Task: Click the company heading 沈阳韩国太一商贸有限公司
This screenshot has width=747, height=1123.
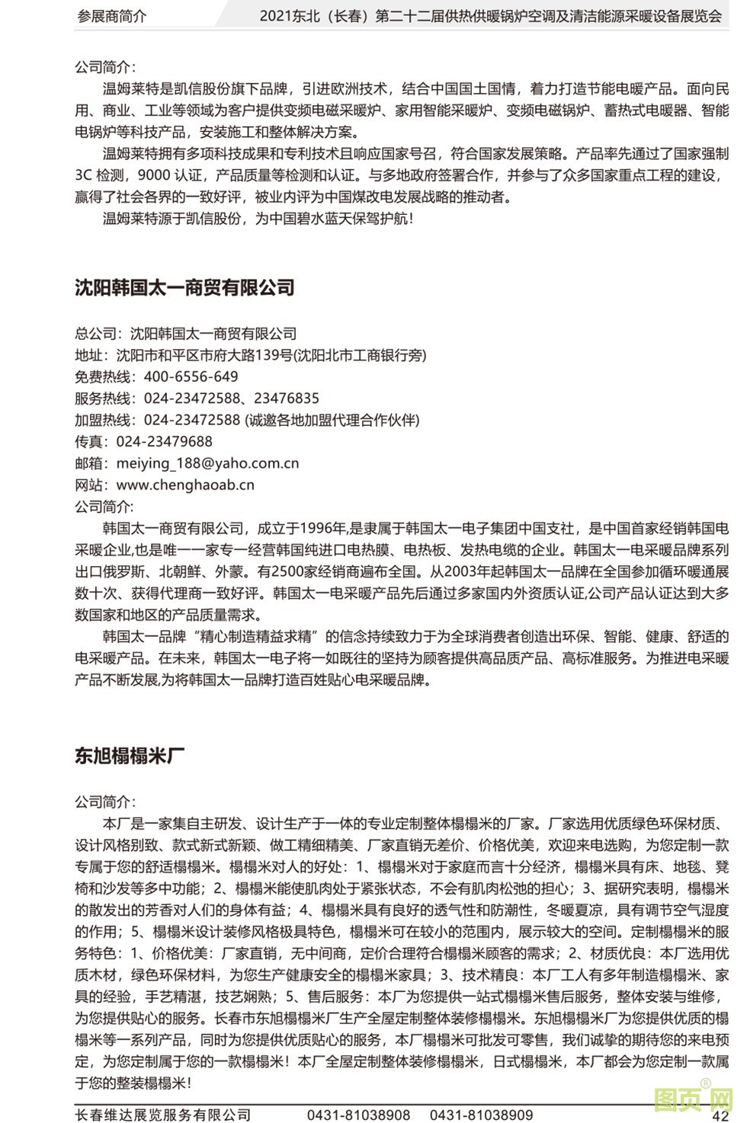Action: coord(184,287)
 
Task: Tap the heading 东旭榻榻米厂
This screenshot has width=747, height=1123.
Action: coord(130,756)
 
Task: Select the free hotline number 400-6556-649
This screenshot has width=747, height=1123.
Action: coord(191,376)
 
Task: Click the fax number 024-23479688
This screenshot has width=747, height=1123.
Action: coord(164,441)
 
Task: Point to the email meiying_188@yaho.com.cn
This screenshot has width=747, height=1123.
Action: coord(207,463)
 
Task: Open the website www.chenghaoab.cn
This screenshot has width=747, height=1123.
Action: coord(185,485)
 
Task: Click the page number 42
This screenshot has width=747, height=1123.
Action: coord(720,1115)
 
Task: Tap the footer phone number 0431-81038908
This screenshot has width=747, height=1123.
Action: coord(358,1115)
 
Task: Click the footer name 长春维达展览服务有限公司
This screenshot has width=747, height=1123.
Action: coord(162,1115)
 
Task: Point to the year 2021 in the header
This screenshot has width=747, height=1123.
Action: coord(276,16)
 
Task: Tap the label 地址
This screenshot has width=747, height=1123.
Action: coord(88,355)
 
